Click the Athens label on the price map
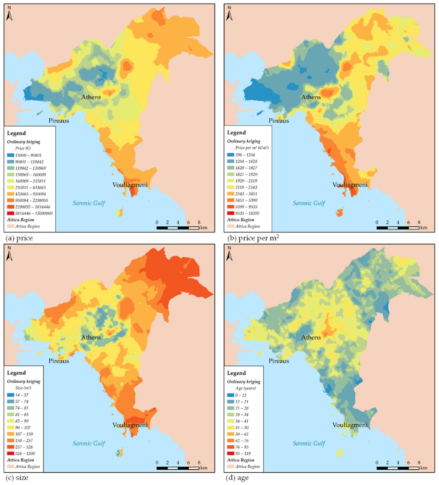(91, 97)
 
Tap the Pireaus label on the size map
(59, 361)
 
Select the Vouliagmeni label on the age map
(350, 425)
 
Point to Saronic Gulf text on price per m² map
(309, 203)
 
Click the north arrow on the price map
(9, 14)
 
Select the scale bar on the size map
(178, 468)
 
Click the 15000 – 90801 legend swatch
(10, 155)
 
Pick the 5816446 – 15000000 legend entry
(34, 213)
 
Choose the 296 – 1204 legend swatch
(231, 155)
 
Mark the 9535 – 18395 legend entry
(247, 213)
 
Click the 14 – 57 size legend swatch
(10, 395)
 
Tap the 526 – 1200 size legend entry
(25, 453)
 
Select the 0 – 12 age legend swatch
(231, 395)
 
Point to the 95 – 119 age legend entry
(243, 453)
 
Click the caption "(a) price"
(19, 238)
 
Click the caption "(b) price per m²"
(253, 238)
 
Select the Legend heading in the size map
(16, 373)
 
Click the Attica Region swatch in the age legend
(231, 467)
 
